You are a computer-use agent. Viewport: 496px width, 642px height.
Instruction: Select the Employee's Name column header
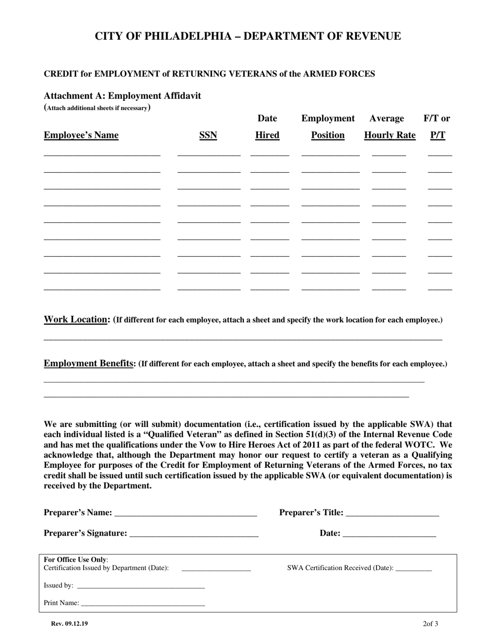click(x=81, y=135)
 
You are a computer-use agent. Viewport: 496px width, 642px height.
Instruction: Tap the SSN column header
click(x=208, y=135)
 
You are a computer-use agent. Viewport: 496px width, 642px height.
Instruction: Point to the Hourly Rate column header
click(x=389, y=135)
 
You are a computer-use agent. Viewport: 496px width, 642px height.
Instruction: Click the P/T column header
click(x=438, y=135)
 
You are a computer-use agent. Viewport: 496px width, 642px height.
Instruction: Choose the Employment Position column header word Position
click(x=327, y=135)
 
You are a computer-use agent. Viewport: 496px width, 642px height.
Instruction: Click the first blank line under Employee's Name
click(x=102, y=155)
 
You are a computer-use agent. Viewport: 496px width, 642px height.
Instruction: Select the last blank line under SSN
click(x=209, y=289)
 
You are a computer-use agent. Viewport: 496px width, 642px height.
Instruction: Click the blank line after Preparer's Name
click(x=185, y=516)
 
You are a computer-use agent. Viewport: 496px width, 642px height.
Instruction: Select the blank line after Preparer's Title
click(x=392, y=516)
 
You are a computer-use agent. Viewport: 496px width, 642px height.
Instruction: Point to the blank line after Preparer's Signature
click(x=194, y=536)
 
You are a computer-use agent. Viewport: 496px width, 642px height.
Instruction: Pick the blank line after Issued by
click(x=140, y=588)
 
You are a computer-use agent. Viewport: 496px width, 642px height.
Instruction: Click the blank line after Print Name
click(x=143, y=605)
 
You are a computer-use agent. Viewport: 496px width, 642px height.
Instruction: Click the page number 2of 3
click(x=430, y=624)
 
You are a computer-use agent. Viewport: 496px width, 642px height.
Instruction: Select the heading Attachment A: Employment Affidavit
click(x=122, y=96)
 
